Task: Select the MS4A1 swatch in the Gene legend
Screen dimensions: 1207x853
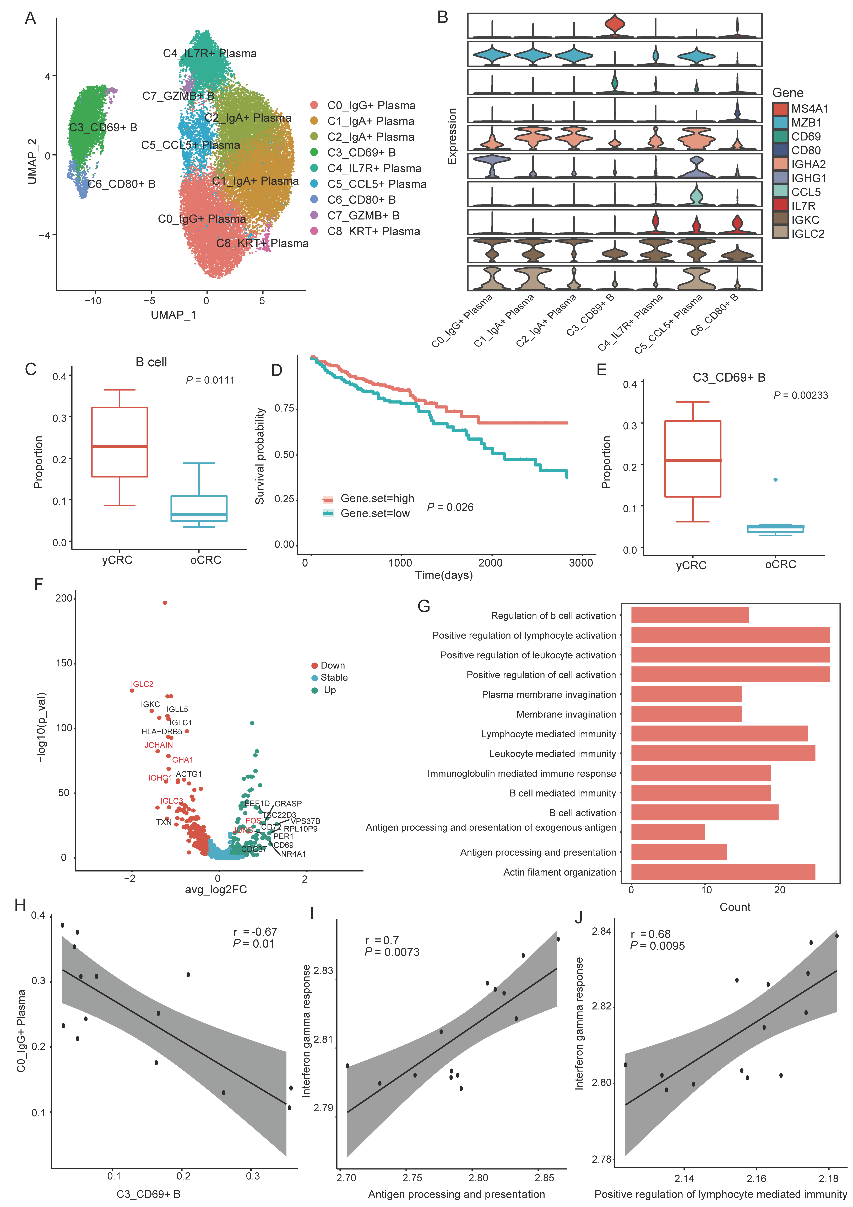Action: (x=780, y=109)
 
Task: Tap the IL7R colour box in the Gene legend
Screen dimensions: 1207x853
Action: (x=780, y=206)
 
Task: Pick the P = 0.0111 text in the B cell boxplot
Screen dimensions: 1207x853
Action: (x=210, y=380)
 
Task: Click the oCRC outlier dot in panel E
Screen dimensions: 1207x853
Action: (x=775, y=479)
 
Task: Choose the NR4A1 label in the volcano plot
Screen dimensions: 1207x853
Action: (x=293, y=854)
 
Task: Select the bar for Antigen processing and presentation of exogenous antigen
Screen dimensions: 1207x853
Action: (x=667, y=832)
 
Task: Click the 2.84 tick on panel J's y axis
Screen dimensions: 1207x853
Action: (x=602, y=932)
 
